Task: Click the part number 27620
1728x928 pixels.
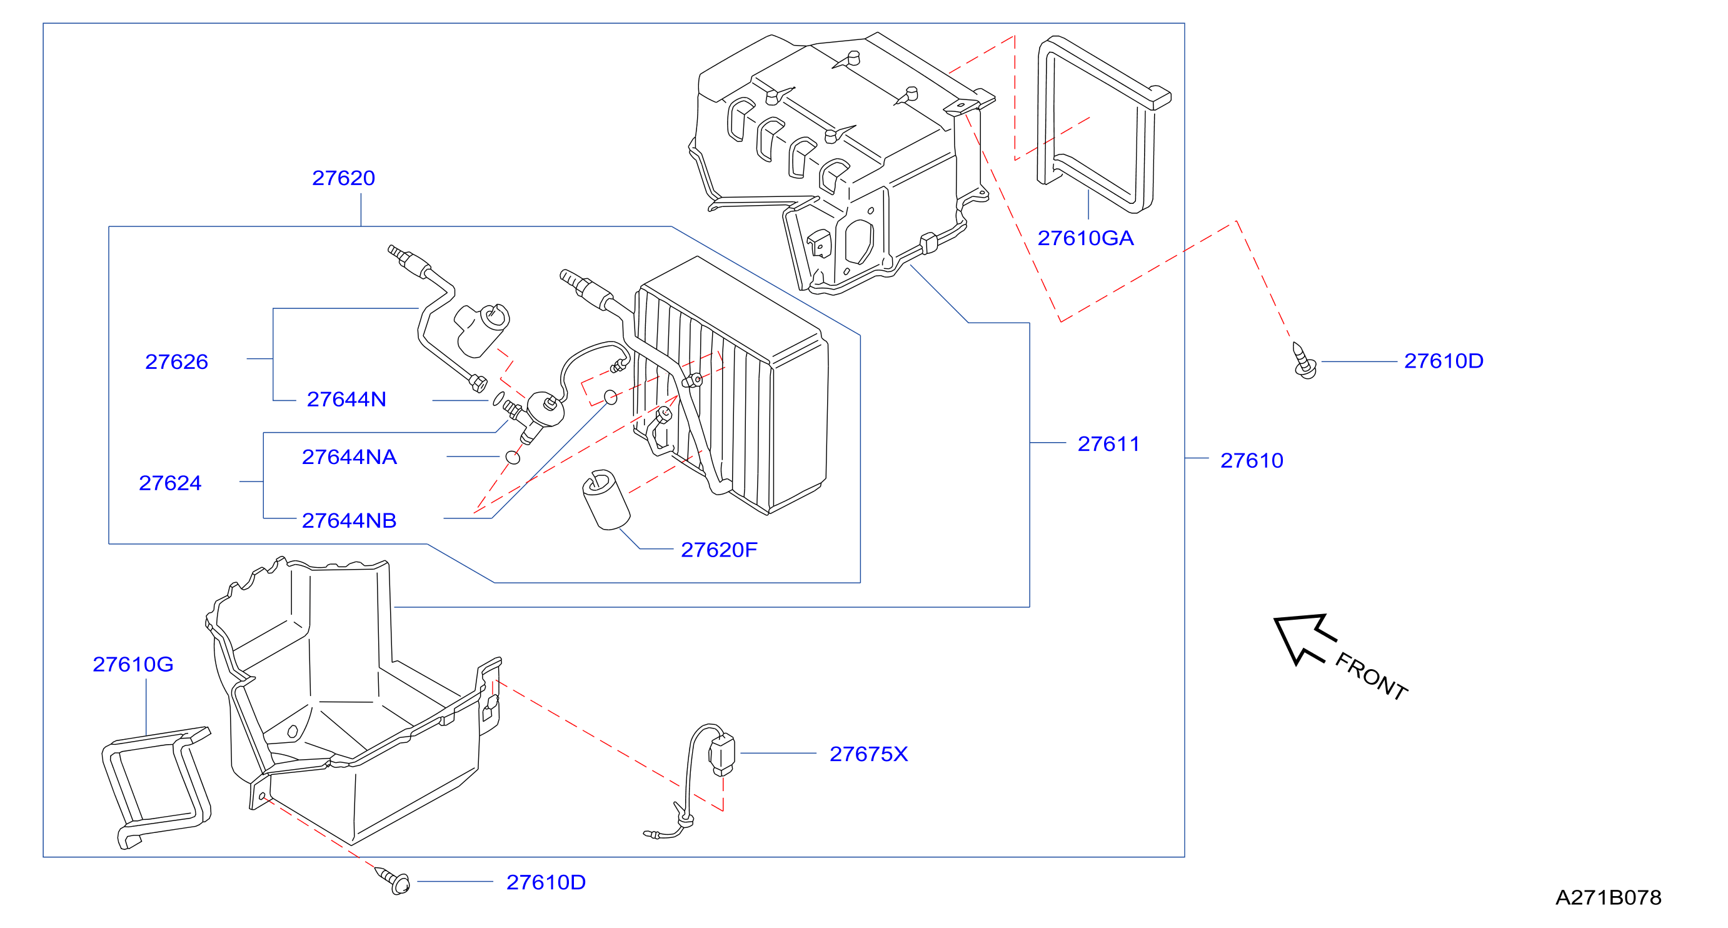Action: coord(343,178)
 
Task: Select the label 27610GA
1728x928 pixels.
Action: coord(1085,238)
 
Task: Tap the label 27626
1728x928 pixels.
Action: coord(176,361)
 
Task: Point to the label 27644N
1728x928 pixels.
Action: coord(346,399)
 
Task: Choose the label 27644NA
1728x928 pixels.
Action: coord(349,457)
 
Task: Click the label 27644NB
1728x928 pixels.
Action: coord(349,521)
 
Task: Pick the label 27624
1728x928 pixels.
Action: coord(169,483)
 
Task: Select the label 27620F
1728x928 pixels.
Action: coord(719,550)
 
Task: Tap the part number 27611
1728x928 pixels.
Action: coord(1108,443)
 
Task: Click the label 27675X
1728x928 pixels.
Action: coord(869,754)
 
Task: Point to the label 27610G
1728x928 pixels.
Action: coord(133,664)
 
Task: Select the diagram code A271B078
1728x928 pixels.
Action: coord(1609,898)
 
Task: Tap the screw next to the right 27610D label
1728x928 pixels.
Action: coord(1304,361)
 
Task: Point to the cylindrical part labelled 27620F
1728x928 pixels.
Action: coord(606,500)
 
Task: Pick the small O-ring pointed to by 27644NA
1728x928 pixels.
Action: coord(513,458)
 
